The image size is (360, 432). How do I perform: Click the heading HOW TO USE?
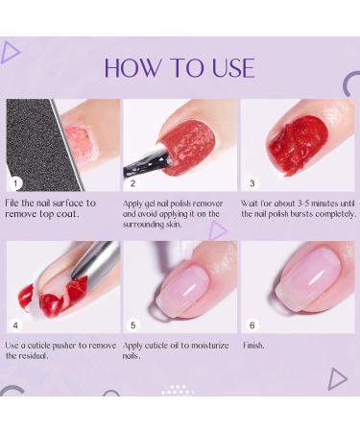pos(180,67)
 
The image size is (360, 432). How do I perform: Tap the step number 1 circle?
pos(16,182)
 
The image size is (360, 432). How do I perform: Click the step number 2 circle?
pos(133,182)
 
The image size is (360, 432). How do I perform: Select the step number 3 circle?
pos(251,182)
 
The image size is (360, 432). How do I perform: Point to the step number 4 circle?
pos(16,324)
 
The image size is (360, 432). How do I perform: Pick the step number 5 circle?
pos(133,324)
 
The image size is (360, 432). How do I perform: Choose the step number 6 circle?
pos(251,324)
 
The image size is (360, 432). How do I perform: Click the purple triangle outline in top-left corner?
pos(11,52)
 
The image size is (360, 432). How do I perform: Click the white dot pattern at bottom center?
pos(179,390)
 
